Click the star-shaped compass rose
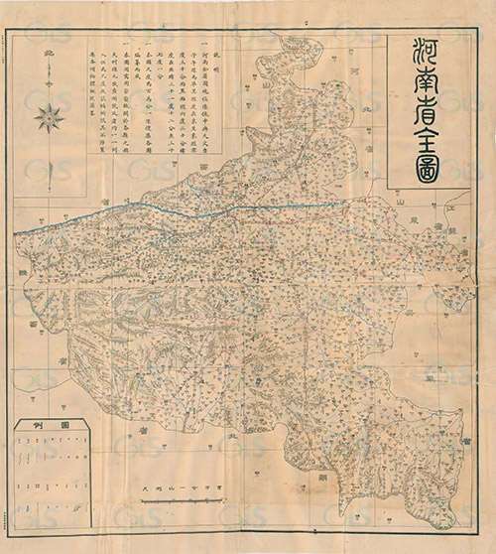pos(49,118)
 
